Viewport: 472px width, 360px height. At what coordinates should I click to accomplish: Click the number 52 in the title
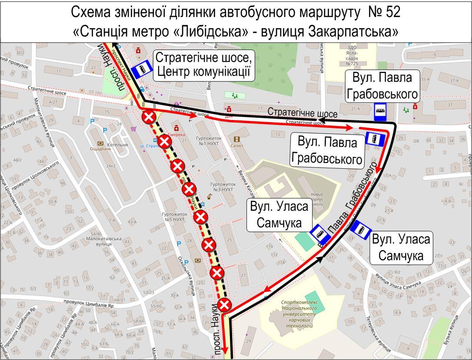click(x=392, y=12)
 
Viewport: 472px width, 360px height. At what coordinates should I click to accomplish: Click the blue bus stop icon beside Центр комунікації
click(x=141, y=70)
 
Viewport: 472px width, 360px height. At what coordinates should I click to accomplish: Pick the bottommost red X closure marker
click(x=224, y=304)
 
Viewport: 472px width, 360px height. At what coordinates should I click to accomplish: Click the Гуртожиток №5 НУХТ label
click(x=173, y=217)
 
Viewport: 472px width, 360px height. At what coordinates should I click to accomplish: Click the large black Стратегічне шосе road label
click(x=302, y=112)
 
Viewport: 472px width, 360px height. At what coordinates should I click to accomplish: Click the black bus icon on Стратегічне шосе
click(x=380, y=112)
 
